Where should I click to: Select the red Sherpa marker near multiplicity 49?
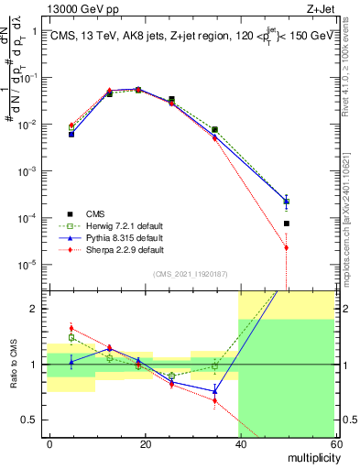click(x=286, y=247)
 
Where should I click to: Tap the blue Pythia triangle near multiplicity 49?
click(x=286, y=201)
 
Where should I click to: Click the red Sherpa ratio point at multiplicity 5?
click(x=71, y=328)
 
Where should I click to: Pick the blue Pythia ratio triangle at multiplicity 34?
click(x=214, y=391)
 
